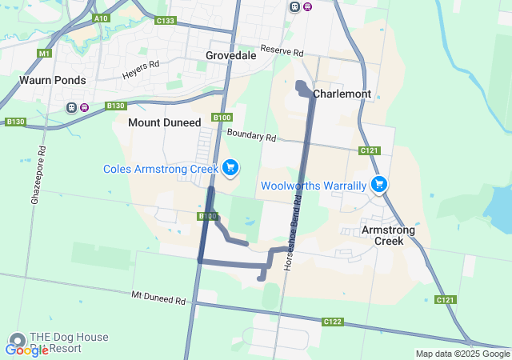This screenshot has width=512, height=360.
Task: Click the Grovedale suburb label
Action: [230, 55]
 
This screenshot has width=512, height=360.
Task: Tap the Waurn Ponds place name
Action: [53, 80]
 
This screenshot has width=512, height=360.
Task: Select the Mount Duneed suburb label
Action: [164, 122]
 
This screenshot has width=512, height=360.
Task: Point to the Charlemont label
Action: [342, 94]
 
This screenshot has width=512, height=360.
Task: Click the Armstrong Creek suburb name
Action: [389, 235]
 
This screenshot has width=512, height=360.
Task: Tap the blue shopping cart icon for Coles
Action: [230, 167]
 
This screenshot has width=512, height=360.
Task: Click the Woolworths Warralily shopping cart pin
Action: [379, 184]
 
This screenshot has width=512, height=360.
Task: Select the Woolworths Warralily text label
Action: [314, 186]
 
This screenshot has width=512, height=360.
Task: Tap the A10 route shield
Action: [100, 18]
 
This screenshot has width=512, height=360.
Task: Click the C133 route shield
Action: [166, 20]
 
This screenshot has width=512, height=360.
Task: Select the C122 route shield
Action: [333, 322]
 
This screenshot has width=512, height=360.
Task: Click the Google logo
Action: [26, 350]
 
